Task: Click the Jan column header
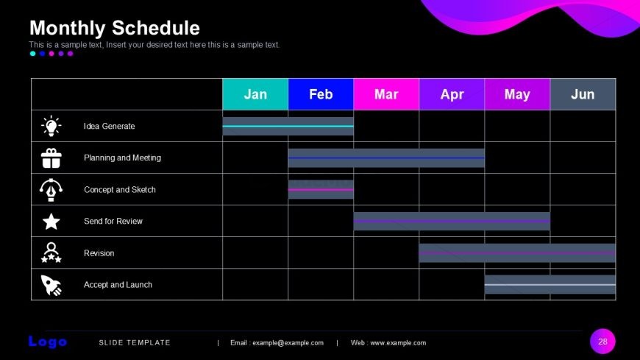click(x=255, y=94)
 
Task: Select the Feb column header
click(x=321, y=94)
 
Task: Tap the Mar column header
click(x=386, y=94)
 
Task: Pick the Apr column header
click(x=452, y=94)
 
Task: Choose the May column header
click(x=517, y=94)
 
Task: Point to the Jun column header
click(x=583, y=94)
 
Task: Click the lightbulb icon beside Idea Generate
click(x=51, y=126)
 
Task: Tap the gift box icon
click(x=51, y=158)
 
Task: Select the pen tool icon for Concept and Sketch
click(x=51, y=190)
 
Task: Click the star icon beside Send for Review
click(x=51, y=222)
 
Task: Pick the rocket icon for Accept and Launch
click(x=51, y=285)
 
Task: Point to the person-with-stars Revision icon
click(x=51, y=253)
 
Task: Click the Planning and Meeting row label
click(x=122, y=158)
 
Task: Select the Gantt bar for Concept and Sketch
click(x=321, y=190)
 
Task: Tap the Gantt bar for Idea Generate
click(x=288, y=127)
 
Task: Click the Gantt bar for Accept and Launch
click(x=550, y=284)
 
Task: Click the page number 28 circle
click(x=602, y=341)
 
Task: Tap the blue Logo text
click(x=48, y=342)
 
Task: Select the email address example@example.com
click(x=288, y=343)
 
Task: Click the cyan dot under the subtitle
click(x=32, y=54)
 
